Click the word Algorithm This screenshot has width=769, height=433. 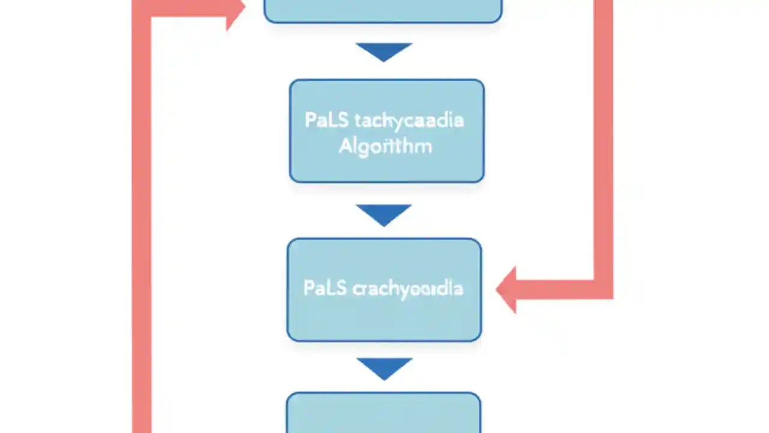(x=385, y=146)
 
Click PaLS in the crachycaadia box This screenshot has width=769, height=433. (x=325, y=288)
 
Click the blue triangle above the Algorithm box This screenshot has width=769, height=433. (x=384, y=51)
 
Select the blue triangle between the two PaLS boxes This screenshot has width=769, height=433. (x=384, y=213)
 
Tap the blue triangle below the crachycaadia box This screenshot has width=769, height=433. (x=384, y=367)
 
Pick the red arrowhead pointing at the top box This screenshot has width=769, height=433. (x=236, y=9)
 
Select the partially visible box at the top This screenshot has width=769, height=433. (x=383, y=10)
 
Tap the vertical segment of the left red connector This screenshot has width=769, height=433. (x=142, y=229)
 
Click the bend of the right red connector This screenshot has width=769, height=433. (x=603, y=289)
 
